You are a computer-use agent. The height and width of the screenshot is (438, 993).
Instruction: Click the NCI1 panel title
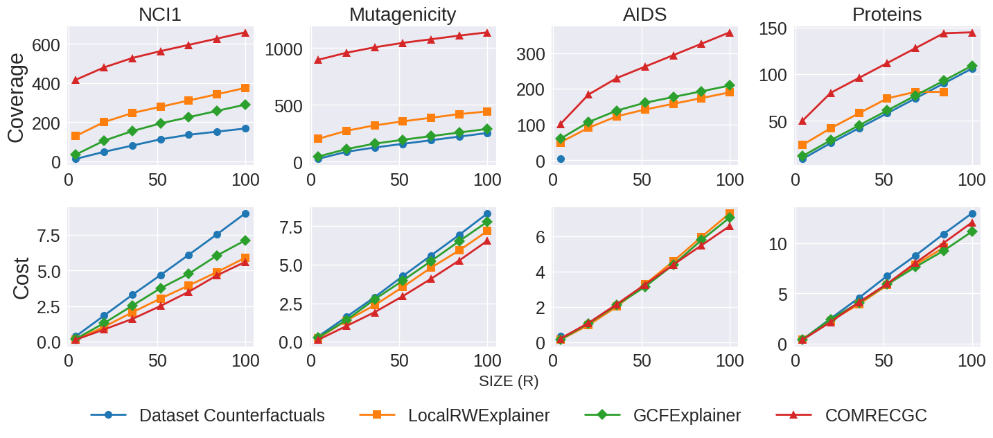tap(160, 14)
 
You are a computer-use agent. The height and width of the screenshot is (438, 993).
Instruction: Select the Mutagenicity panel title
tap(403, 14)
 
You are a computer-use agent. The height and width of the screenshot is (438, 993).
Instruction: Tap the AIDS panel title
tap(644, 14)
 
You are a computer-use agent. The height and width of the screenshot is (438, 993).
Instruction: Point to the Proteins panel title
tap(887, 14)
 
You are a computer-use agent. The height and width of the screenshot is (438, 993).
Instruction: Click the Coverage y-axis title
tap(17, 98)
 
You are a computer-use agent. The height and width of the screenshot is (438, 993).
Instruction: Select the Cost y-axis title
tap(21, 279)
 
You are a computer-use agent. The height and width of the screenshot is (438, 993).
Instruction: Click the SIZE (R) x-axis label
tap(509, 381)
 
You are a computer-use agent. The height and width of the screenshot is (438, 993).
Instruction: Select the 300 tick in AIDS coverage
tap(531, 53)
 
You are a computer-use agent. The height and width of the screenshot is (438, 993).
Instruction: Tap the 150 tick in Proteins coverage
tap(774, 28)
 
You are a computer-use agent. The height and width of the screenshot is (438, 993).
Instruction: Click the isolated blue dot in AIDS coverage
tap(561, 159)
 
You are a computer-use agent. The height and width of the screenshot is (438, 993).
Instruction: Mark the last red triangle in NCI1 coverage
tap(245, 32)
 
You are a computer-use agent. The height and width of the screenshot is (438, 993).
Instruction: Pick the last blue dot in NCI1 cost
tap(245, 213)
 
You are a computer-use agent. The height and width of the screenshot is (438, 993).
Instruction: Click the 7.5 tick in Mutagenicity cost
tap(288, 227)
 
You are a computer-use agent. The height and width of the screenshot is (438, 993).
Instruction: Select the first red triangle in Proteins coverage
tap(802, 121)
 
